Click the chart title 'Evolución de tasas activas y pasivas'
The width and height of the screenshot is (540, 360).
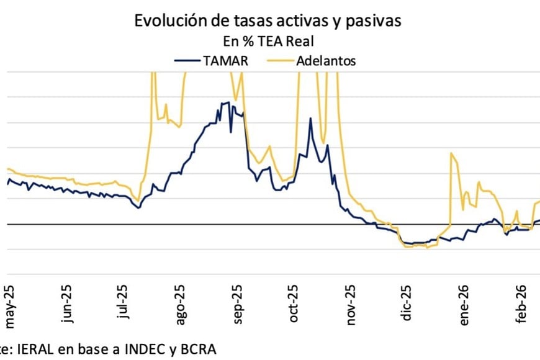click(x=268, y=20)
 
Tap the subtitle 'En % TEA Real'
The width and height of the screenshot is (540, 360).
click(x=268, y=42)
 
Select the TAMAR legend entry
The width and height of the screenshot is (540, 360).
click(x=210, y=60)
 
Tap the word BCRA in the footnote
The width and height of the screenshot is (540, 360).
click(x=199, y=349)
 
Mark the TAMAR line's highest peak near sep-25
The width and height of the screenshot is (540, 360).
click(x=228, y=102)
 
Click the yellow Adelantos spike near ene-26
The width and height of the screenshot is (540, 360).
click(x=452, y=153)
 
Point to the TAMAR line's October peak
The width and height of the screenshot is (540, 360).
click(x=310, y=118)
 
